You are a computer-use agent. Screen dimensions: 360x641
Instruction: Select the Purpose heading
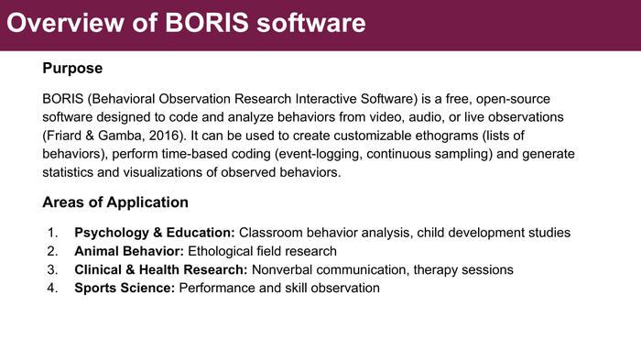point(72,69)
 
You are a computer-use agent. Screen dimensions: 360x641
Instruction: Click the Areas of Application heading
point(115,202)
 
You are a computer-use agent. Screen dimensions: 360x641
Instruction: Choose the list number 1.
point(52,233)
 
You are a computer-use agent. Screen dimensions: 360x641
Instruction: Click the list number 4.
point(52,289)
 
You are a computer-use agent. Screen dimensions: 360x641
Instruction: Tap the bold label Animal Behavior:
point(129,251)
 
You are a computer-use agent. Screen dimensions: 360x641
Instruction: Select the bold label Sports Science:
point(125,289)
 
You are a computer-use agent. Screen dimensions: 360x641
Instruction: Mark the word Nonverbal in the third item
point(282,270)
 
